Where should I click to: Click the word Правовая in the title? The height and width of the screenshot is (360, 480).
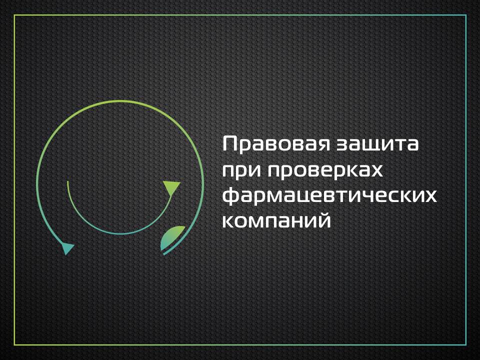(276, 144)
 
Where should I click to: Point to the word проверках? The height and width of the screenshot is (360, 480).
(325, 171)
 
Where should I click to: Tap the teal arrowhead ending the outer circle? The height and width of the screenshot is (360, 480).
(67, 248)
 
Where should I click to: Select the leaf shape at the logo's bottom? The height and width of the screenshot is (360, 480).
(172, 237)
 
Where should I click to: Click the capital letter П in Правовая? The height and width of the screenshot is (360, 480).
(230, 143)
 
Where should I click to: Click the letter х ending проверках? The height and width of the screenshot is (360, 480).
(375, 170)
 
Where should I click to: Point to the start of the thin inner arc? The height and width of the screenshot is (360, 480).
(67, 181)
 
